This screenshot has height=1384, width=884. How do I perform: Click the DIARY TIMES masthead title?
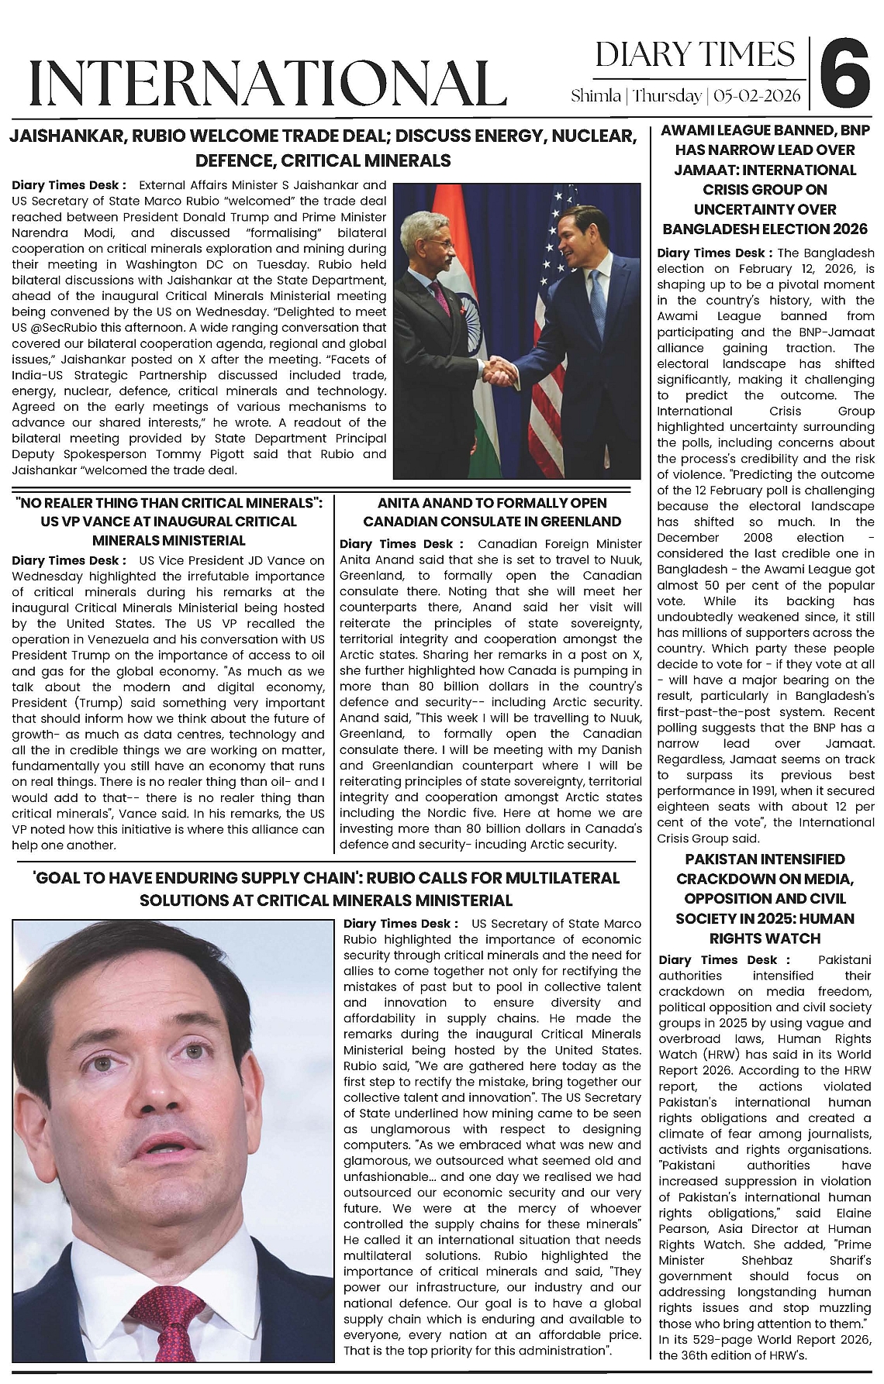tap(695, 54)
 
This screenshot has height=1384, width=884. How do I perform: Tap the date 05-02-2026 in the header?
tap(758, 96)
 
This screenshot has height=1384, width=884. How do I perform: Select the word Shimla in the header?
tap(596, 96)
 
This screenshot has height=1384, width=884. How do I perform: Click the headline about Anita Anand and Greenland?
tap(492, 512)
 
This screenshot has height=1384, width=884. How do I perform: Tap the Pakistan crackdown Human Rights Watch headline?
tap(765, 898)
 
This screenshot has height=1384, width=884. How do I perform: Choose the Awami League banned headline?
tap(765, 179)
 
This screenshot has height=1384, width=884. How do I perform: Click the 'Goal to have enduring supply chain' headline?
tap(326, 889)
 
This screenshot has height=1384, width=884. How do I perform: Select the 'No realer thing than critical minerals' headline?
tap(169, 522)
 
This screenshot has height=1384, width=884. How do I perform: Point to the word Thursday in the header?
tap(667, 96)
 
